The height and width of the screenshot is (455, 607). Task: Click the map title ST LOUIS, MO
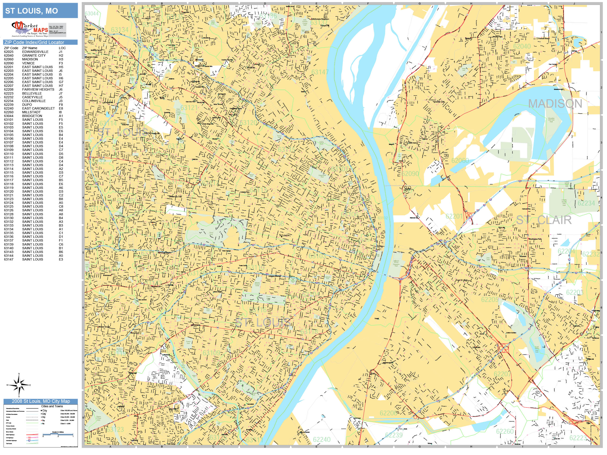tap(32, 11)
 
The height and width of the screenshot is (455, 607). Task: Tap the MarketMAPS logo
tap(30, 29)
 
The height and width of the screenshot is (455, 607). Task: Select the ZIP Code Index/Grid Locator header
tap(34, 42)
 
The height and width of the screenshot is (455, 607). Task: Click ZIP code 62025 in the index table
tap(8, 51)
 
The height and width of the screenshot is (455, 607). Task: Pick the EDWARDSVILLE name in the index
tap(35, 51)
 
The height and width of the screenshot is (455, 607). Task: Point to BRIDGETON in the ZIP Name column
tap(32, 116)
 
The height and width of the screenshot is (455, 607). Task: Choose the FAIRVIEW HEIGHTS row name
tap(38, 89)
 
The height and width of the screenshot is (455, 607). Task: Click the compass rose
tap(19, 385)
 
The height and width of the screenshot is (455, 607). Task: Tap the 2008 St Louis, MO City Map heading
tap(41, 401)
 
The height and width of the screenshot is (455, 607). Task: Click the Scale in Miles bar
tap(58, 434)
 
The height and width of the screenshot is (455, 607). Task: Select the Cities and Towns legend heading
tap(52, 406)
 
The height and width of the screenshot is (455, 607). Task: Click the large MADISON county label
tap(555, 104)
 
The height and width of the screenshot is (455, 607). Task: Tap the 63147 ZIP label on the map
tap(320, 72)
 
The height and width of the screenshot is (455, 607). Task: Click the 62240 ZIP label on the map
tap(322, 440)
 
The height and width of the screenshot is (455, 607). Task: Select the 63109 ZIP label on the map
tap(211, 353)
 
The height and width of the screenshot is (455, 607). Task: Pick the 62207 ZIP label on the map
tap(503, 374)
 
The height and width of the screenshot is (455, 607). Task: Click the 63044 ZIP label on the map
tap(92, 14)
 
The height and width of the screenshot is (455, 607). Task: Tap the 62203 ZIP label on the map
tap(575, 292)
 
